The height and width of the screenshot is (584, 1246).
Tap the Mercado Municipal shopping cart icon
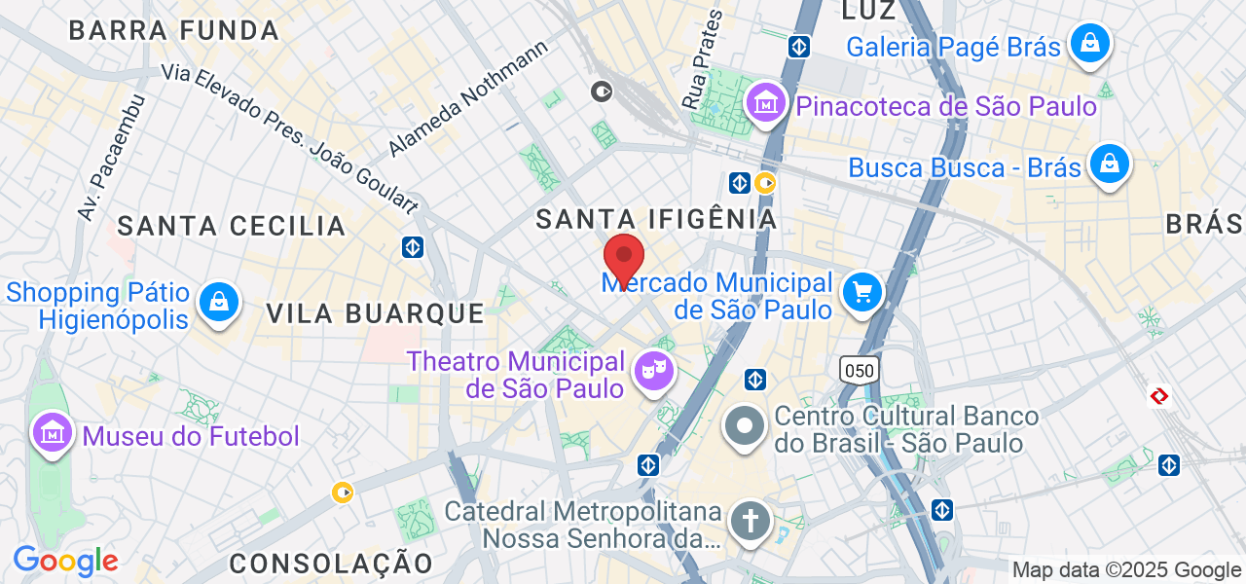tap(861, 292)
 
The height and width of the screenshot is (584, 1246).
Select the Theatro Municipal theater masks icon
tap(652, 370)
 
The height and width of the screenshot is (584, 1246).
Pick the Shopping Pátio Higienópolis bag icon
tap(220, 302)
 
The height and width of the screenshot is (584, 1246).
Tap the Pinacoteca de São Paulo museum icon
tap(766, 102)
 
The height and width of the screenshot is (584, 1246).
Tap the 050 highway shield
tap(860, 369)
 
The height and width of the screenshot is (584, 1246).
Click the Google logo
tap(65, 561)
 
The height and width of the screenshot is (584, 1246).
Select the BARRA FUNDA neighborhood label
tap(174, 30)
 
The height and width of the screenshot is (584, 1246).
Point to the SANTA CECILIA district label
tap(232, 226)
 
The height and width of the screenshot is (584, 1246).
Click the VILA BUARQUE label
tap(376, 312)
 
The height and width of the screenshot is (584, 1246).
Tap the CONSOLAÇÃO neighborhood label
tap(331, 563)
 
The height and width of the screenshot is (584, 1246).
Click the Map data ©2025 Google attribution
tap(1126, 570)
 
